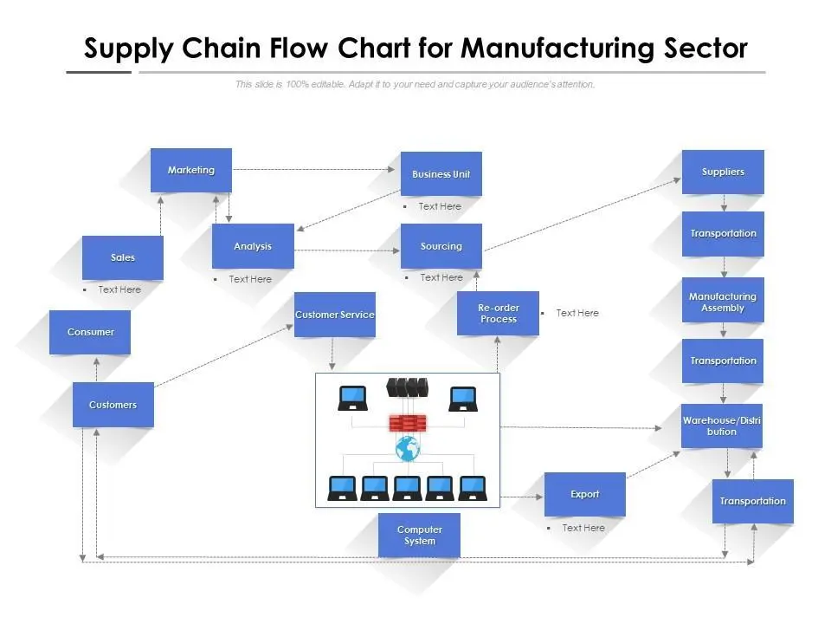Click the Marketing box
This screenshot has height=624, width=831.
click(x=190, y=170)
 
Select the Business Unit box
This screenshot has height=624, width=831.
click(x=441, y=174)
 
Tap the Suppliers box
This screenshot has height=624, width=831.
click(x=723, y=172)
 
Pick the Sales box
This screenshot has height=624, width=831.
click(x=123, y=257)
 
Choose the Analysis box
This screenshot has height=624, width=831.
click(x=253, y=246)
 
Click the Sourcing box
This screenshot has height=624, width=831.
click(x=441, y=246)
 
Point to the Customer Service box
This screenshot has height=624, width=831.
click(x=334, y=315)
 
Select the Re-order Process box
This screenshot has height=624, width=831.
click(x=498, y=313)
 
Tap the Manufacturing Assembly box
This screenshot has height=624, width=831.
click(x=723, y=301)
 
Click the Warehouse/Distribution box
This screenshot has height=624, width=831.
click(x=722, y=426)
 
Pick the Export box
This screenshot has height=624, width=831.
click(x=584, y=494)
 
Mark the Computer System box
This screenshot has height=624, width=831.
click(x=419, y=535)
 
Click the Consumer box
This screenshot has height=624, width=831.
click(x=90, y=332)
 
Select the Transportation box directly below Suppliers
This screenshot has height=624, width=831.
click(x=723, y=233)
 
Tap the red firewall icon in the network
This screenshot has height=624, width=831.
click(x=407, y=423)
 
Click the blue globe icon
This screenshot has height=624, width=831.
click(x=407, y=448)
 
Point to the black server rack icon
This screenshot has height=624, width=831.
click(x=407, y=387)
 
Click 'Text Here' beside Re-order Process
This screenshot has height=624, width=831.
click(x=577, y=313)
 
